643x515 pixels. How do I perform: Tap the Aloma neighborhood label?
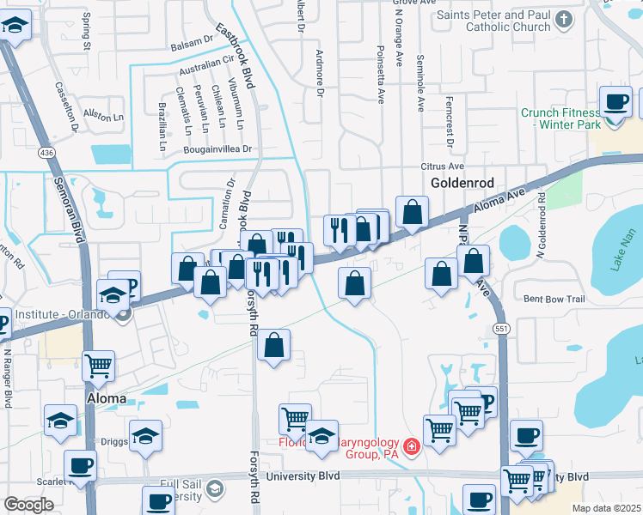(107, 399)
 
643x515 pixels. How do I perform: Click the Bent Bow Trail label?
(554, 300)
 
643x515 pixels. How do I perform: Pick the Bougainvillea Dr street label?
(220, 148)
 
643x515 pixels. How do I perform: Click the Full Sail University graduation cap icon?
(213, 489)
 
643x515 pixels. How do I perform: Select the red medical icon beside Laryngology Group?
(411, 446)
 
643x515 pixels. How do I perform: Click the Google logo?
(28, 505)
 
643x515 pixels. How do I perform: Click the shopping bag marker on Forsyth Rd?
(273, 346)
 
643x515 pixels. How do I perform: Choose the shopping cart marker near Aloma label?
(99, 365)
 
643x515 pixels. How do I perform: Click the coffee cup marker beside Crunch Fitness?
(615, 101)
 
